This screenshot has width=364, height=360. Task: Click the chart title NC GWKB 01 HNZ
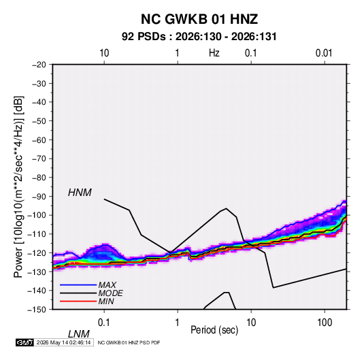pos(199,19)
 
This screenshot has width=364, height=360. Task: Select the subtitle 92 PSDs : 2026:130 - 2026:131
pos(199,37)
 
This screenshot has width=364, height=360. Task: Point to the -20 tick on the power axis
pos(39,65)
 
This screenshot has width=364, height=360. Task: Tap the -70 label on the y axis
pos(39,159)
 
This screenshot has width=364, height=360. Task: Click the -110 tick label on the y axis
pos(37,234)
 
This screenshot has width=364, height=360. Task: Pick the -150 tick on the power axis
pos(37,309)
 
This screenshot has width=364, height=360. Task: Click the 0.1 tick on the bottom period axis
pos(104,323)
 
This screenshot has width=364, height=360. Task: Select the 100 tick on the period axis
pos(325,323)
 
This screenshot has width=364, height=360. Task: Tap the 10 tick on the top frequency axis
pos(104,53)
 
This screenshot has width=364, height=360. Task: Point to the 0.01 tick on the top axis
pos(324,53)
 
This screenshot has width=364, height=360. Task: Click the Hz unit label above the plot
pos(214,53)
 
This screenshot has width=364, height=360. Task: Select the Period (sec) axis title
pos(214,330)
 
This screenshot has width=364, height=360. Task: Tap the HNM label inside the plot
pos(80,193)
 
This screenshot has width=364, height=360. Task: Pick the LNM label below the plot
pos(79,334)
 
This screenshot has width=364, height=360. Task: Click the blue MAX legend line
pos(78,284)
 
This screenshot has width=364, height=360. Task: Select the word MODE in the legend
pos(110,293)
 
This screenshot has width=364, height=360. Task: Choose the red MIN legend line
pos(78,301)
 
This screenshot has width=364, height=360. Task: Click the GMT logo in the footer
pos(25,342)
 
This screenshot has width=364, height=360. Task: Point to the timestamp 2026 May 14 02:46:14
pos(63,342)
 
